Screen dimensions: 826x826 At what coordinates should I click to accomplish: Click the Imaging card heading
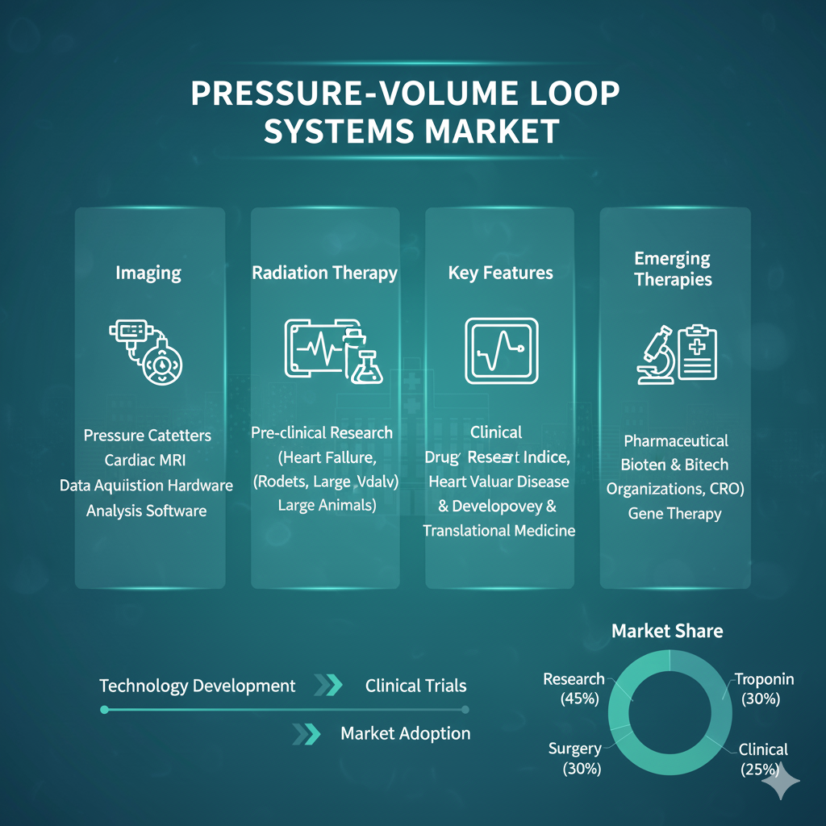(x=148, y=273)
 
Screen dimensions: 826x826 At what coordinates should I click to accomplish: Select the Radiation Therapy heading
(x=324, y=273)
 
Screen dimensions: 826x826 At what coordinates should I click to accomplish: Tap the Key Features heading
(x=500, y=273)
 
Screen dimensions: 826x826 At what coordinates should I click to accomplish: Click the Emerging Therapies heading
(x=673, y=269)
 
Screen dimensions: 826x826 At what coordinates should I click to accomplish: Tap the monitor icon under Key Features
(x=500, y=350)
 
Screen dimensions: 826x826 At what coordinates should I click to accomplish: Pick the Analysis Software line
(x=146, y=511)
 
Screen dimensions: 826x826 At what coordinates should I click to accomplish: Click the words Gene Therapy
(x=674, y=513)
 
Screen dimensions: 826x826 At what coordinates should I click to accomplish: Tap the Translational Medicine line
(x=499, y=530)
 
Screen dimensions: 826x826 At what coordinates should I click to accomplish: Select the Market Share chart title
(x=667, y=630)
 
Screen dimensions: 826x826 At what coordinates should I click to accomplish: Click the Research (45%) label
(x=574, y=688)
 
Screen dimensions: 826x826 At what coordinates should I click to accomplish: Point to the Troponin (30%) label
(x=764, y=688)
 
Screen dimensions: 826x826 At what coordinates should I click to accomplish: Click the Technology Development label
(x=197, y=686)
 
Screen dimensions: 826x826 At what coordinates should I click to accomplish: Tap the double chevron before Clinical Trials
(x=327, y=686)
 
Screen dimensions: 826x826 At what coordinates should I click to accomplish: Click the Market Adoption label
(x=405, y=733)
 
